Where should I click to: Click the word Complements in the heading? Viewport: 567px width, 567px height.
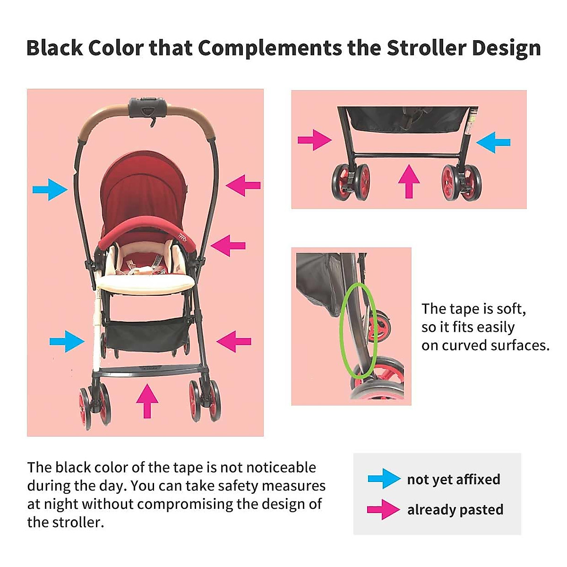tap(270, 48)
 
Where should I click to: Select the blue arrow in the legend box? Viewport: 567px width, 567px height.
tap(384, 479)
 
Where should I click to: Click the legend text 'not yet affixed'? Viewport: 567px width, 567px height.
tap(454, 479)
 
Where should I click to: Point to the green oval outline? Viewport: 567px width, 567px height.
tap(359, 330)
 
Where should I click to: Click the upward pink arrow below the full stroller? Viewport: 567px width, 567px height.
tap(147, 401)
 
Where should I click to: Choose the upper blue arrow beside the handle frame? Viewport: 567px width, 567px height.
tap(50, 189)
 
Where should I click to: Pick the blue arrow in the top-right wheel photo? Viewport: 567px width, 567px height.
tap(493, 142)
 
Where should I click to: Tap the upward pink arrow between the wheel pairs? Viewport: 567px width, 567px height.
tap(409, 181)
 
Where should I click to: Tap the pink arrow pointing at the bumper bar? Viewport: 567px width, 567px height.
tap(228, 246)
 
